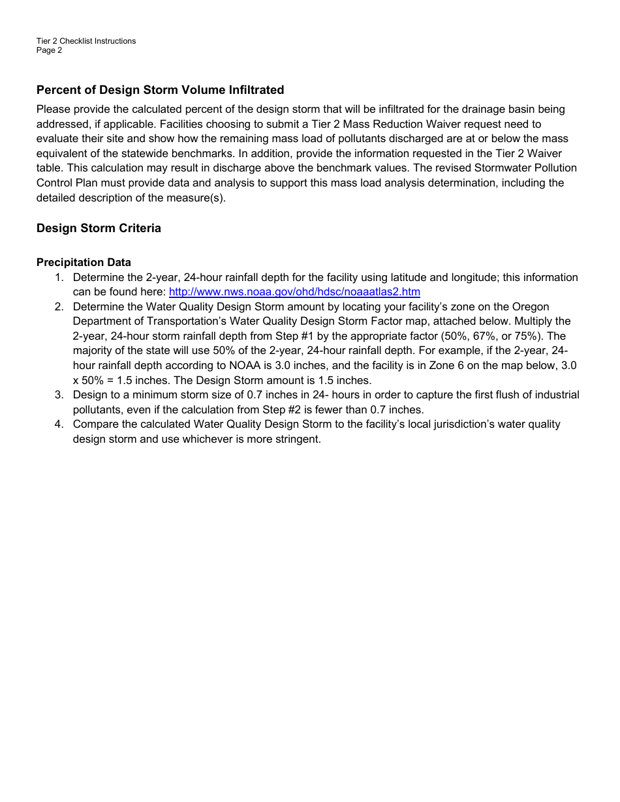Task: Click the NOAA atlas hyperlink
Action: pyautogui.click(x=294, y=292)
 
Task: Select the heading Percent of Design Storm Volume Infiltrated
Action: pyautogui.click(x=160, y=90)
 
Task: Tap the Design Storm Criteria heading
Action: pyautogui.click(x=99, y=228)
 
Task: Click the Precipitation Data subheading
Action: pyautogui.click(x=84, y=263)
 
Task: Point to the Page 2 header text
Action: pyautogui.click(x=50, y=50)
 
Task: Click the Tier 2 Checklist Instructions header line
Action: pyautogui.click(x=86, y=41)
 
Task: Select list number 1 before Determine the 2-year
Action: pyautogui.click(x=59, y=278)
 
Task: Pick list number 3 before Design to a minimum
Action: pyautogui.click(x=59, y=395)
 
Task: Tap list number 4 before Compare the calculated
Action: pyautogui.click(x=59, y=424)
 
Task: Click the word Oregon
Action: pyautogui.click(x=531, y=307)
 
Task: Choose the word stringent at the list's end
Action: pyautogui.click(x=298, y=439)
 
